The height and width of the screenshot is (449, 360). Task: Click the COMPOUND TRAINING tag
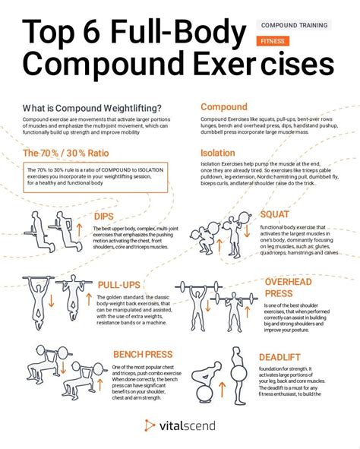(293, 25)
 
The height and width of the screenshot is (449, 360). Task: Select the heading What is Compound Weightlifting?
(91, 107)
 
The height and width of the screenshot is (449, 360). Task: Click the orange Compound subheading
(224, 107)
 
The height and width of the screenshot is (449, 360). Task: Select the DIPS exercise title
(104, 217)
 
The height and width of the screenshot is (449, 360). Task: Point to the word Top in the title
(52, 34)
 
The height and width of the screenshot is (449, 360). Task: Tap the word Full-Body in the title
(183, 34)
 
